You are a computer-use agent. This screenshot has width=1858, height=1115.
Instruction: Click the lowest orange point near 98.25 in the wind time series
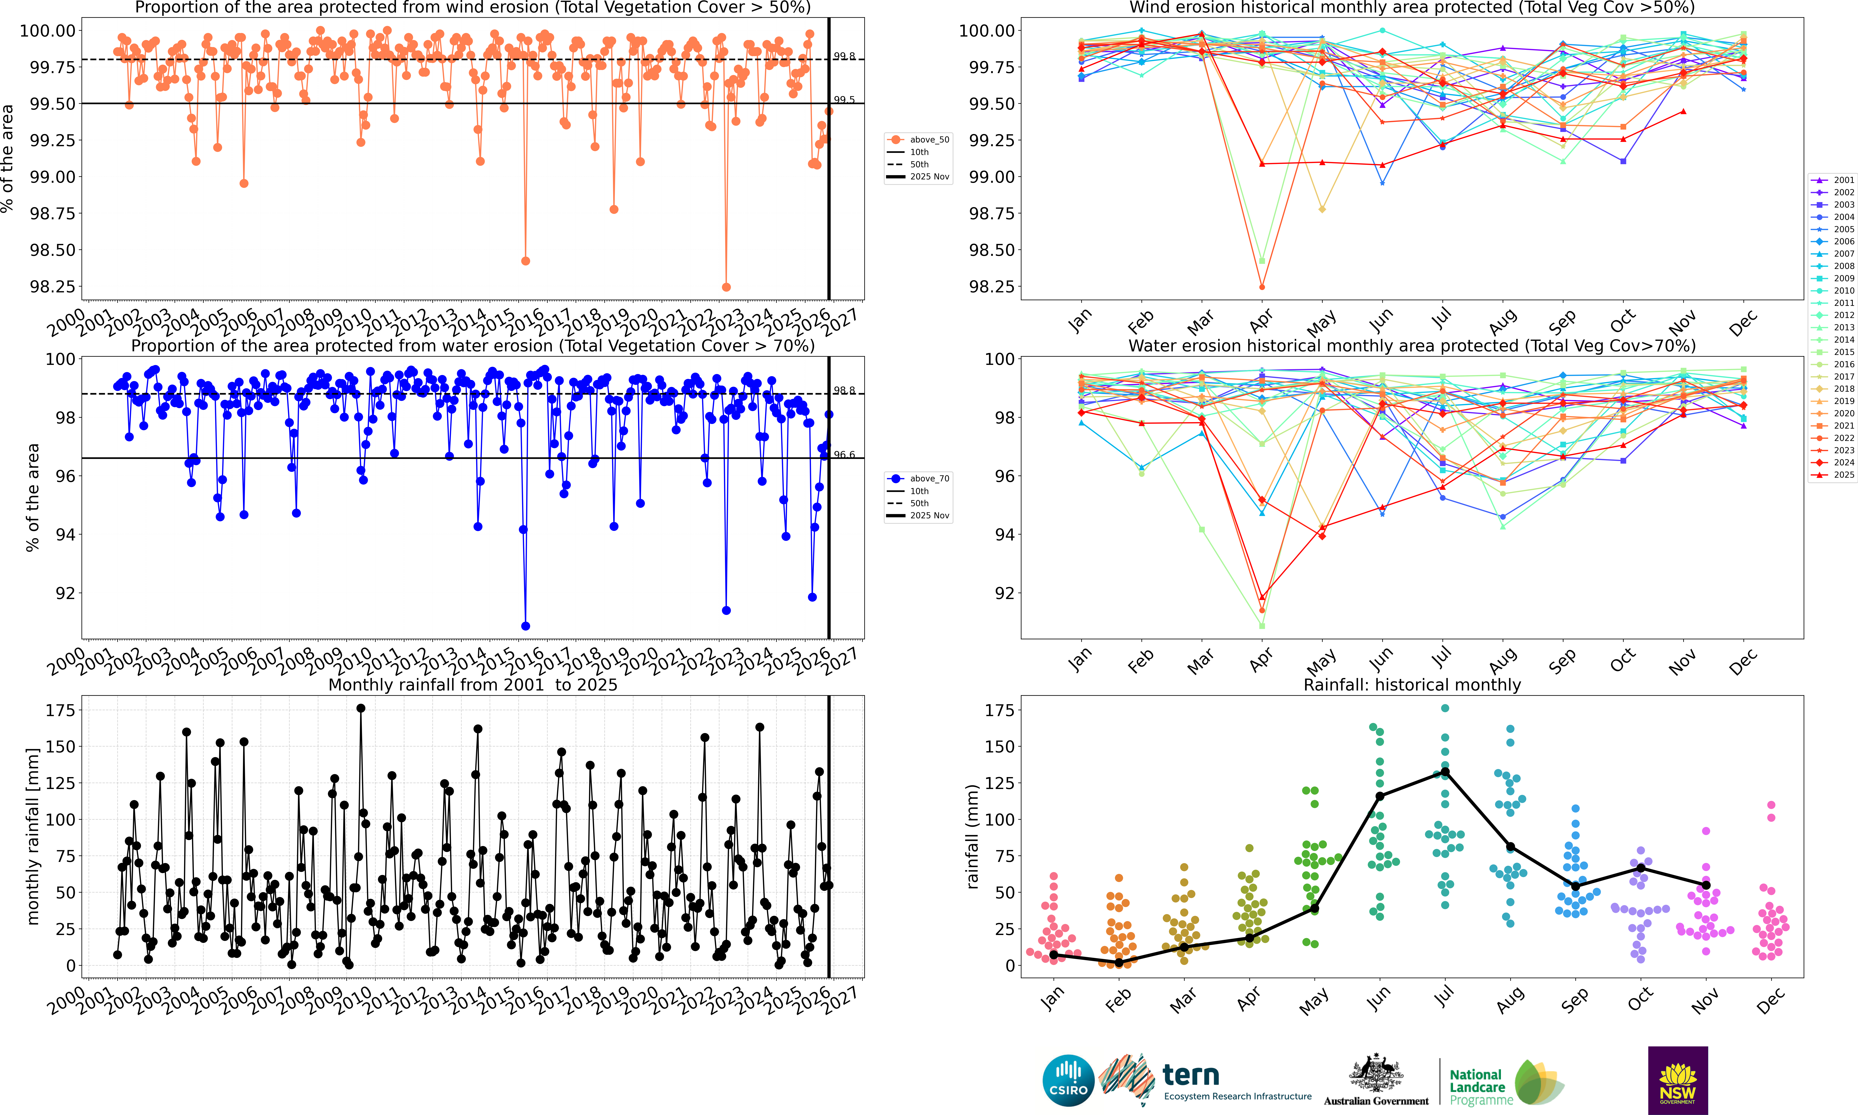pyautogui.click(x=726, y=287)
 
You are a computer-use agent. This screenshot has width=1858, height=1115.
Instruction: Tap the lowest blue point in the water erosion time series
pyautogui.click(x=525, y=626)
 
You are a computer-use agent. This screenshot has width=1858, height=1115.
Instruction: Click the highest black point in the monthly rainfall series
pyautogui.click(x=361, y=708)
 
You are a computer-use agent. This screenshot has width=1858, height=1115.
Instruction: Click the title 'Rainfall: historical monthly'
pyautogui.click(x=1412, y=684)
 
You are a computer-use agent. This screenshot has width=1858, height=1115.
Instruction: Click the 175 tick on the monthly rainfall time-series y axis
pyautogui.click(x=60, y=710)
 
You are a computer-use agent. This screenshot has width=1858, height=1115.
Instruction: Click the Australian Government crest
pyautogui.click(x=1376, y=1073)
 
